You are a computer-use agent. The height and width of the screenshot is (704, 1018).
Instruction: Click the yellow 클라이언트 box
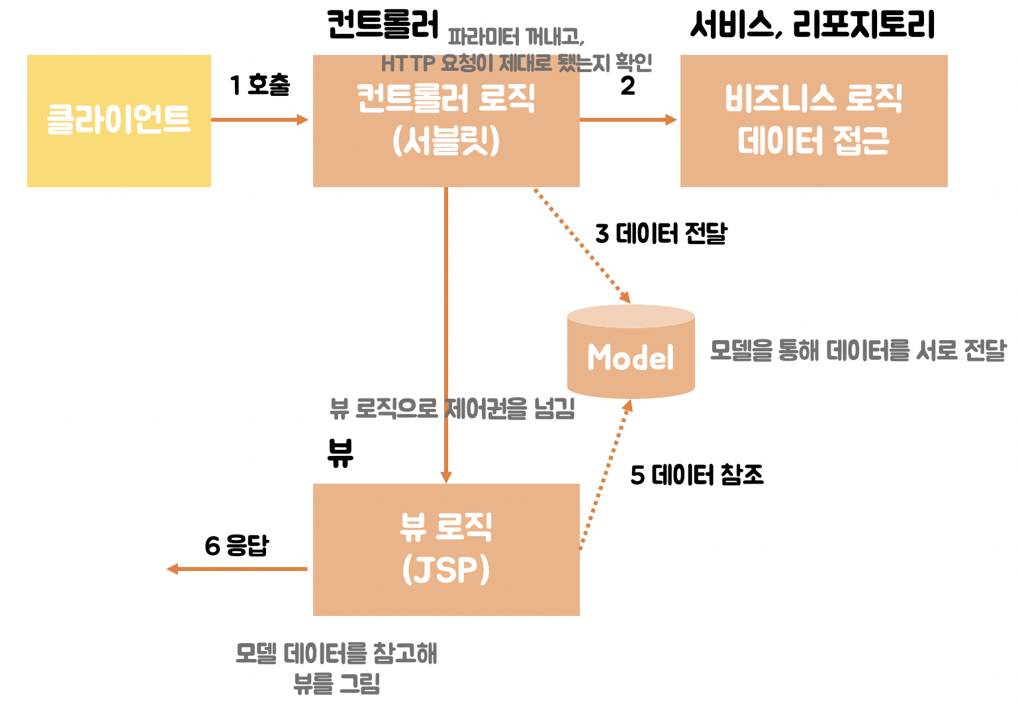(x=119, y=120)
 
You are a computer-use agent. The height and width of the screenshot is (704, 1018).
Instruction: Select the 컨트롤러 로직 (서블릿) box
(x=446, y=120)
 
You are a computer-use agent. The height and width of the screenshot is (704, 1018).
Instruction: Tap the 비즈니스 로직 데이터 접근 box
(x=813, y=120)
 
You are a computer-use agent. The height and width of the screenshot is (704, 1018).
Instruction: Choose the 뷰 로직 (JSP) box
(x=446, y=549)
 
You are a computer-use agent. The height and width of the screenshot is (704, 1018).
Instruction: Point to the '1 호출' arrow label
(x=260, y=85)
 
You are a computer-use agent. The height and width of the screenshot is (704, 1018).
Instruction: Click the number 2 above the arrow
(x=627, y=86)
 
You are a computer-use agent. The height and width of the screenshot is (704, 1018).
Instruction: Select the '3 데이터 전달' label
(x=661, y=234)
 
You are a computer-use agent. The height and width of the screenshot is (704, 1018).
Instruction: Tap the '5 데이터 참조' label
(x=697, y=475)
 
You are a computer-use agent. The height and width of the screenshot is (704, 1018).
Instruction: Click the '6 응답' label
(x=236, y=546)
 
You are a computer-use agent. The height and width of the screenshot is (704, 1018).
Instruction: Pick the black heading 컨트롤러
(x=383, y=25)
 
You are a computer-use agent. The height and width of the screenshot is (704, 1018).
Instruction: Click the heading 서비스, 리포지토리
(x=812, y=25)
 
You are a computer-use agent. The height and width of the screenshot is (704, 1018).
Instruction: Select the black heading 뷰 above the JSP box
(x=340, y=453)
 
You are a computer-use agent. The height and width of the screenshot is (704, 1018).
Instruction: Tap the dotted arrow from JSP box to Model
(x=604, y=474)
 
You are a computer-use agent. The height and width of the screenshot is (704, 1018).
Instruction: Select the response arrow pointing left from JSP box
(x=238, y=569)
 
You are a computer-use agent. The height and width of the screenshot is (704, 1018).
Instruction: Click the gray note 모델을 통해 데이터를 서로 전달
(x=858, y=350)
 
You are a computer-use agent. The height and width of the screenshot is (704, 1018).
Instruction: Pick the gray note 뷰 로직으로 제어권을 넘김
(x=452, y=409)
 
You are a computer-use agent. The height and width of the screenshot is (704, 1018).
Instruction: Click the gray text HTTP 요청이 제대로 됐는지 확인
(x=516, y=63)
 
